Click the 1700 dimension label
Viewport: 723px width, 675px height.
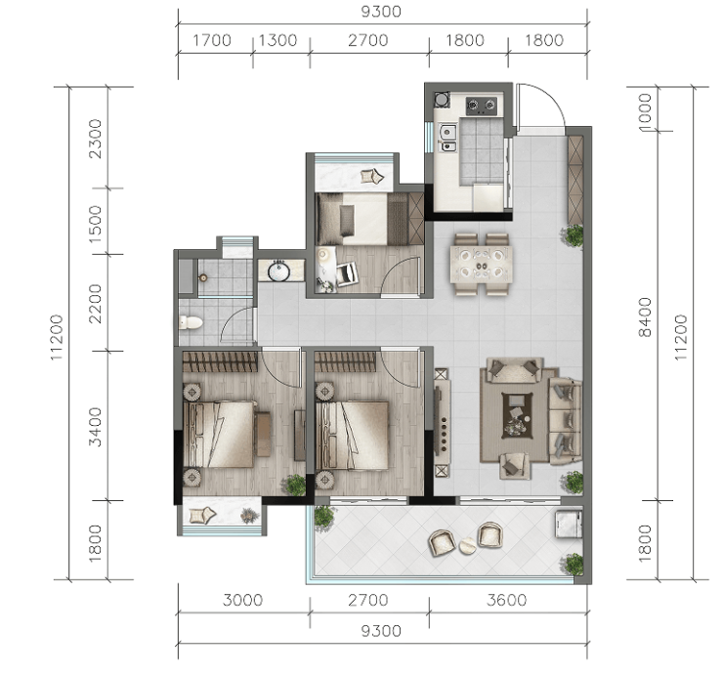212,41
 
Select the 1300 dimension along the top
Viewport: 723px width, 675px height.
277,41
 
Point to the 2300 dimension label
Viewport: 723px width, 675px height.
95,139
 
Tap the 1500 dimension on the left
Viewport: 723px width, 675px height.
95,224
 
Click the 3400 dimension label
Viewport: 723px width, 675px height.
95,427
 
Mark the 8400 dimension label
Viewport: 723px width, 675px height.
645,317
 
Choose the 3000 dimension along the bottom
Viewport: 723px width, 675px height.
242,600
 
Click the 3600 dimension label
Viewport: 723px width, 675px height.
506,600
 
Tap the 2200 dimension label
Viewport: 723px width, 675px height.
95,304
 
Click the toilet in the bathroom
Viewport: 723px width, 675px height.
191,322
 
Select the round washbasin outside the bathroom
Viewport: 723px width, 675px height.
278,271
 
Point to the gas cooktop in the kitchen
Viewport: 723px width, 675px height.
482,105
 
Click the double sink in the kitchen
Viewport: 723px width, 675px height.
447,138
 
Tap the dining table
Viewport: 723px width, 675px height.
482,264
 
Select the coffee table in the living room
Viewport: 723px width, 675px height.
517,415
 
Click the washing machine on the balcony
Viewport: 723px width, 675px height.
569,524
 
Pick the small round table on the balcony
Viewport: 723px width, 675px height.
467,546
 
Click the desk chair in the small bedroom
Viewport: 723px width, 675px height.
346,274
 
